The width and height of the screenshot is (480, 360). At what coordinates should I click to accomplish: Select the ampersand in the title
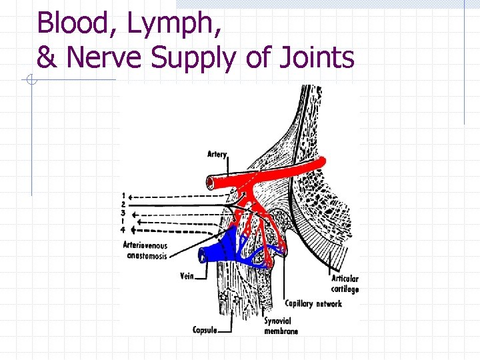tap(47, 58)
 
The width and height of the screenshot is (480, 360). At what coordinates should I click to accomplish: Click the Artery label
tap(217, 154)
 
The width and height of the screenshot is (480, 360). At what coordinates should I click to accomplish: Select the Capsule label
tap(205, 329)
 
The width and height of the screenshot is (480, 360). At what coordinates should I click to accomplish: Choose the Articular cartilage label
tap(345, 284)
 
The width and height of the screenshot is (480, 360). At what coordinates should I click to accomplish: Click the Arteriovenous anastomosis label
tap(145, 251)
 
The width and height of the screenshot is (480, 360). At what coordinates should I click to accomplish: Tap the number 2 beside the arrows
tap(123, 204)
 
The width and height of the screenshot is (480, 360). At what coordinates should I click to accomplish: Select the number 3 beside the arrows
tap(123, 213)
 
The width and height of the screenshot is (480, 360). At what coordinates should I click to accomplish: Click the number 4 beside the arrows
tap(123, 230)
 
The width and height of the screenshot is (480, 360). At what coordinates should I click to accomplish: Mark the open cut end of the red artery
tap(209, 181)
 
